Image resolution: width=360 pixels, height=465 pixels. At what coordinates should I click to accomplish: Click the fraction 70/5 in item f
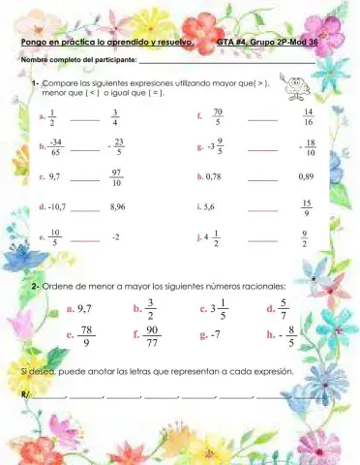tap(218, 117)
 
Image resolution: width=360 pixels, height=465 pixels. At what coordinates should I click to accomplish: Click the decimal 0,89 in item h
tap(307, 177)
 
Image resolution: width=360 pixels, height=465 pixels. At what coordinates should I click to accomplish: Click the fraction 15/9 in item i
tap(307, 207)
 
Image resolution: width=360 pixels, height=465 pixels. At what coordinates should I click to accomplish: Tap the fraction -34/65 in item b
tap(55, 147)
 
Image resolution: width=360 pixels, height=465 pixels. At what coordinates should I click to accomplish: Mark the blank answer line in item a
tap(84, 121)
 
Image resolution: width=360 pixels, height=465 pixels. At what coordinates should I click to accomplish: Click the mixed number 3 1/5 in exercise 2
tap(215, 310)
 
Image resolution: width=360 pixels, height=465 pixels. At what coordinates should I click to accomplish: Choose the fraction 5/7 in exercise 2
tap(282, 310)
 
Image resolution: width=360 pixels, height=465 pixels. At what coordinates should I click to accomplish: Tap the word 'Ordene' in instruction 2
tap(57, 287)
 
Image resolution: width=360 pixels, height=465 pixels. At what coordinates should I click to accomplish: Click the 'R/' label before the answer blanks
tap(25, 394)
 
